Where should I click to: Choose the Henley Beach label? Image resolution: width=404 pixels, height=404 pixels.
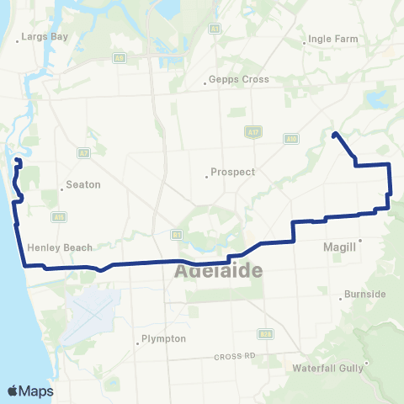[x=59, y=247]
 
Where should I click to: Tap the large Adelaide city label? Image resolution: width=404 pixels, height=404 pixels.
[x=217, y=272]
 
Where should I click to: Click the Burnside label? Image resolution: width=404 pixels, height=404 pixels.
[x=365, y=295]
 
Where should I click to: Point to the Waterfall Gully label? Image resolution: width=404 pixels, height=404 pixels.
[x=327, y=368]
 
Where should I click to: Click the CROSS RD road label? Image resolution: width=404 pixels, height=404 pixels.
[x=233, y=356]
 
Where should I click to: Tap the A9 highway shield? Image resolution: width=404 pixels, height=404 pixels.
[x=120, y=58]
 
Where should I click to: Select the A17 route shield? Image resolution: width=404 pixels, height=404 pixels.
[x=252, y=131]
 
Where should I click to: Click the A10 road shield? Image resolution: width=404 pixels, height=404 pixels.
[x=291, y=138]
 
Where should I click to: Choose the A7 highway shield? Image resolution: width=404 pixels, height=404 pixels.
[x=82, y=153]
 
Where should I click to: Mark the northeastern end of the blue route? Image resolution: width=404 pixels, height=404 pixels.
[x=335, y=135]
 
